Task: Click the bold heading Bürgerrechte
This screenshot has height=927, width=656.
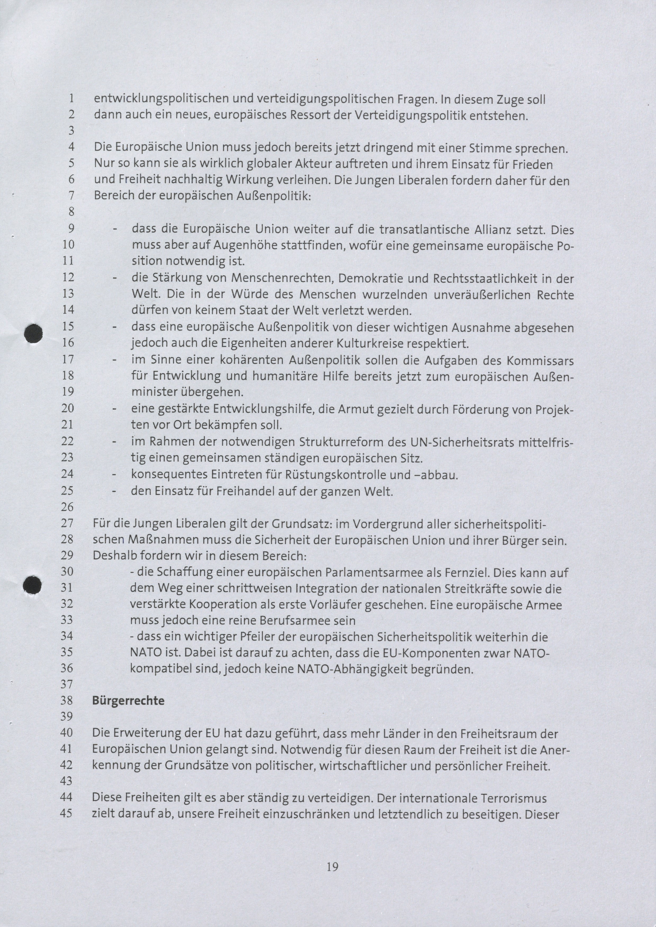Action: point(128,700)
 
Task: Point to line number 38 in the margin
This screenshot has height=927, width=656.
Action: point(67,700)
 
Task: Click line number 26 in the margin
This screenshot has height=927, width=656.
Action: point(67,507)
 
